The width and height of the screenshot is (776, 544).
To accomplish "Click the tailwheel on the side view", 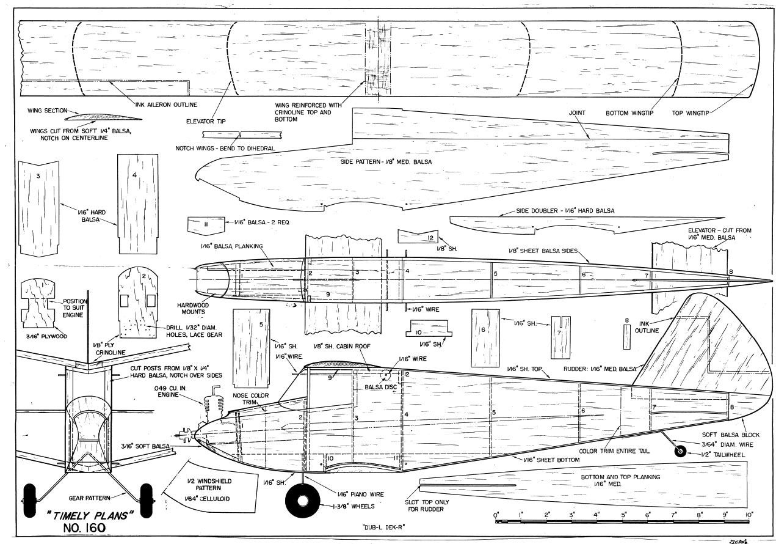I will point(678,452).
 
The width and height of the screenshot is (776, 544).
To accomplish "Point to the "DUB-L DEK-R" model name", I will point(379,527).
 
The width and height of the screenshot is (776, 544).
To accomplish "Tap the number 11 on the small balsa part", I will point(206,224).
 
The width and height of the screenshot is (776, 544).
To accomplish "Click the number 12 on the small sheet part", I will point(430,237).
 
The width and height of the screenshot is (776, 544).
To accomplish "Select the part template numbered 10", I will point(426,331).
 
